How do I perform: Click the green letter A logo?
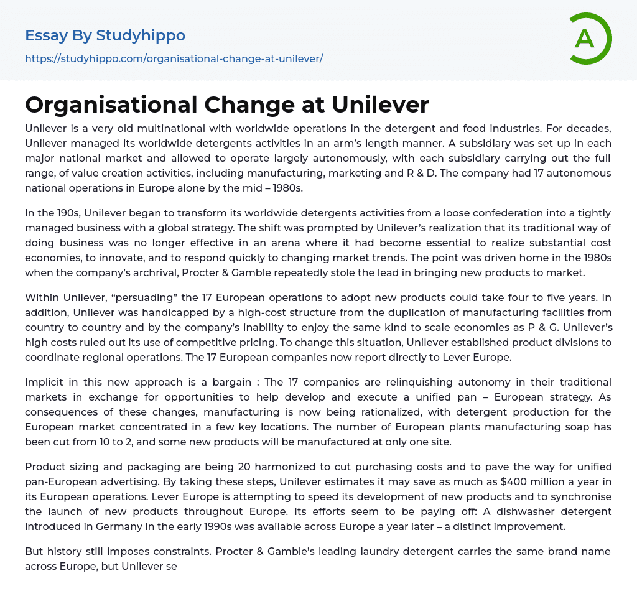589,39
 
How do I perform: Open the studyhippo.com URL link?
174,58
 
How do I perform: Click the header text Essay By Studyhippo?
105,35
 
